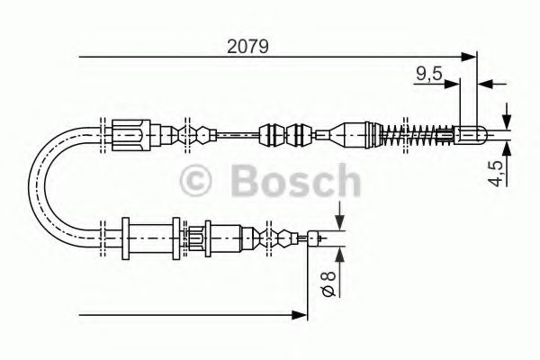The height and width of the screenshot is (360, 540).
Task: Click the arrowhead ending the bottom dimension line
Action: [x=301, y=315]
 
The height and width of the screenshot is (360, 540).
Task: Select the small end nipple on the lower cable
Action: [x=315, y=238]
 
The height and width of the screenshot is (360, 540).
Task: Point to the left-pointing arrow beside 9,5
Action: [x=486, y=85]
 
